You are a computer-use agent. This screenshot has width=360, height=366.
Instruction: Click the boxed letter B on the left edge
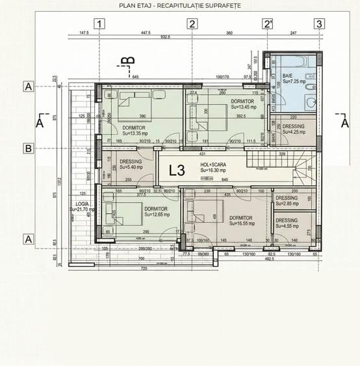coord(28,148)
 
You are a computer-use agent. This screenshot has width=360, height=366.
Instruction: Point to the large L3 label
coord(177,171)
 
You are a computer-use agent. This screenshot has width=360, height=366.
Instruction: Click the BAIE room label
coord(288,75)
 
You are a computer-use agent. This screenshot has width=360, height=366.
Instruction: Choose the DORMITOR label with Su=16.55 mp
coord(240,218)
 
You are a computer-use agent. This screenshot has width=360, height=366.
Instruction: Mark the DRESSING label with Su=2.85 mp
coord(287,198)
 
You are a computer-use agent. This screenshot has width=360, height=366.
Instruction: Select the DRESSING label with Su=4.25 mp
coord(294,126)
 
